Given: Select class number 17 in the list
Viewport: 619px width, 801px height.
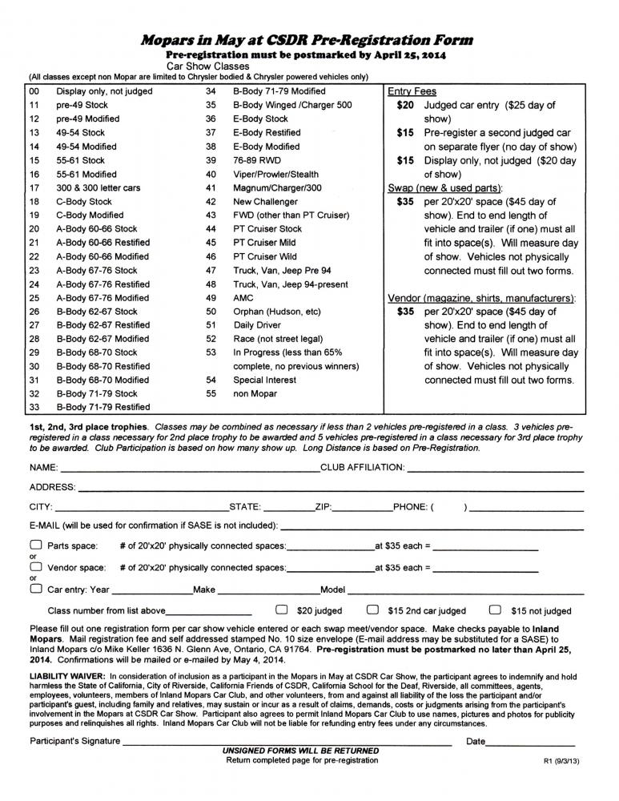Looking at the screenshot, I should (34, 188).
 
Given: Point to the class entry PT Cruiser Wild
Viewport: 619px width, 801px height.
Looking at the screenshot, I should (264, 257).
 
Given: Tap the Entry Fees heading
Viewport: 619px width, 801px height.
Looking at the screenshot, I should (412, 91).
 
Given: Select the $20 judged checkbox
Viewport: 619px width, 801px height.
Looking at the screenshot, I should (282, 609).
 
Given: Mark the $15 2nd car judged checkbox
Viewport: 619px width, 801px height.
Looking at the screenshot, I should (372, 609).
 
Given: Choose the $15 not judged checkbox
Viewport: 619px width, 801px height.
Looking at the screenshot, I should (495, 609).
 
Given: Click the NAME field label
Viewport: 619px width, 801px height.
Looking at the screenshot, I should (43, 466).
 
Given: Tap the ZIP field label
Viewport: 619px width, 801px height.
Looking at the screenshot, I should (324, 507).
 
